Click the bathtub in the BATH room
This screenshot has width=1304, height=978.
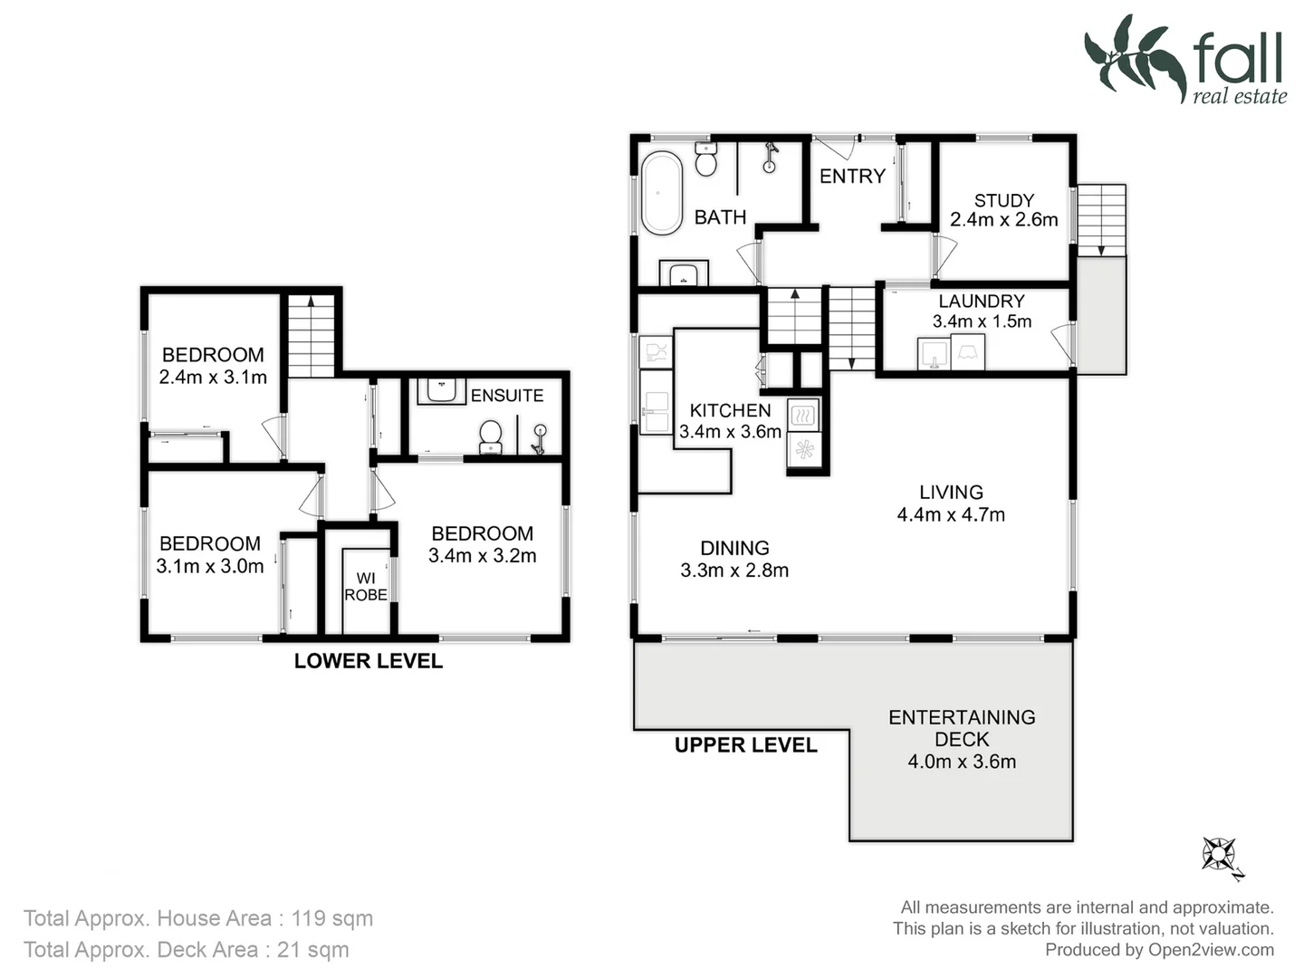[x=661, y=194]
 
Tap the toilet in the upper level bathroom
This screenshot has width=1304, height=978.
[x=705, y=160]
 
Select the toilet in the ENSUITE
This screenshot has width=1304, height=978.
[x=490, y=436]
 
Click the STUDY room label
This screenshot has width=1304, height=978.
[x=1003, y=200]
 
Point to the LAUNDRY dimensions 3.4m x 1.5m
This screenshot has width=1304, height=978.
[x=982, y=321]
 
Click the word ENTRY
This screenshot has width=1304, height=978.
[x=852, y=177]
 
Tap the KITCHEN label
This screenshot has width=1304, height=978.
[x=730, y=410]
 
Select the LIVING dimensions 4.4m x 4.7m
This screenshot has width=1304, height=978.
[x=951, y=514]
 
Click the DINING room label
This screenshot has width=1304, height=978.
[x=734, y=548]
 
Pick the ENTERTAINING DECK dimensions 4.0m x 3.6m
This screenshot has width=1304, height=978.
[x=962, y=762]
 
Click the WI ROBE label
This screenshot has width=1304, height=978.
[x=366, y=586]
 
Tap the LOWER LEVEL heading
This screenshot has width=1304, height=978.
[x=368, y=661]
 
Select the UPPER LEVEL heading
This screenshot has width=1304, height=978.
[x=745, y=745]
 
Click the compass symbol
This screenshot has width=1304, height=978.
[x=1221, y=855]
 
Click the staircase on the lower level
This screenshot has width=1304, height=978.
[x=311, y=335]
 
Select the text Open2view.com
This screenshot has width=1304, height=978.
[x=1211, y=950]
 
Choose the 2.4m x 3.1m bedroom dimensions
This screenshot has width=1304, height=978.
[x=213, y=378]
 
